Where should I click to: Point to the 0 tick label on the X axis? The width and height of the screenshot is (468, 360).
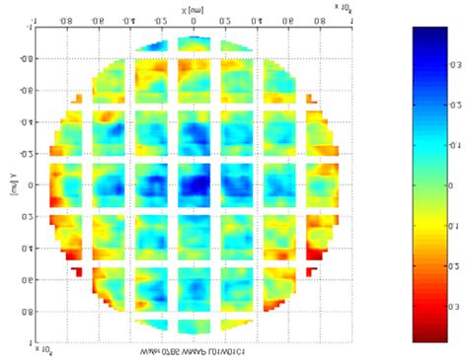(x=195, y=20)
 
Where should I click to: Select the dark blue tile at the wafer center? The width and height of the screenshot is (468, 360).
(x=195, y=184)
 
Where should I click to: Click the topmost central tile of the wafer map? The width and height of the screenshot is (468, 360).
(x=195, y=43)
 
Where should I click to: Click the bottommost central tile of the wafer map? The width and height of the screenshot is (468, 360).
(x=195, y=324)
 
